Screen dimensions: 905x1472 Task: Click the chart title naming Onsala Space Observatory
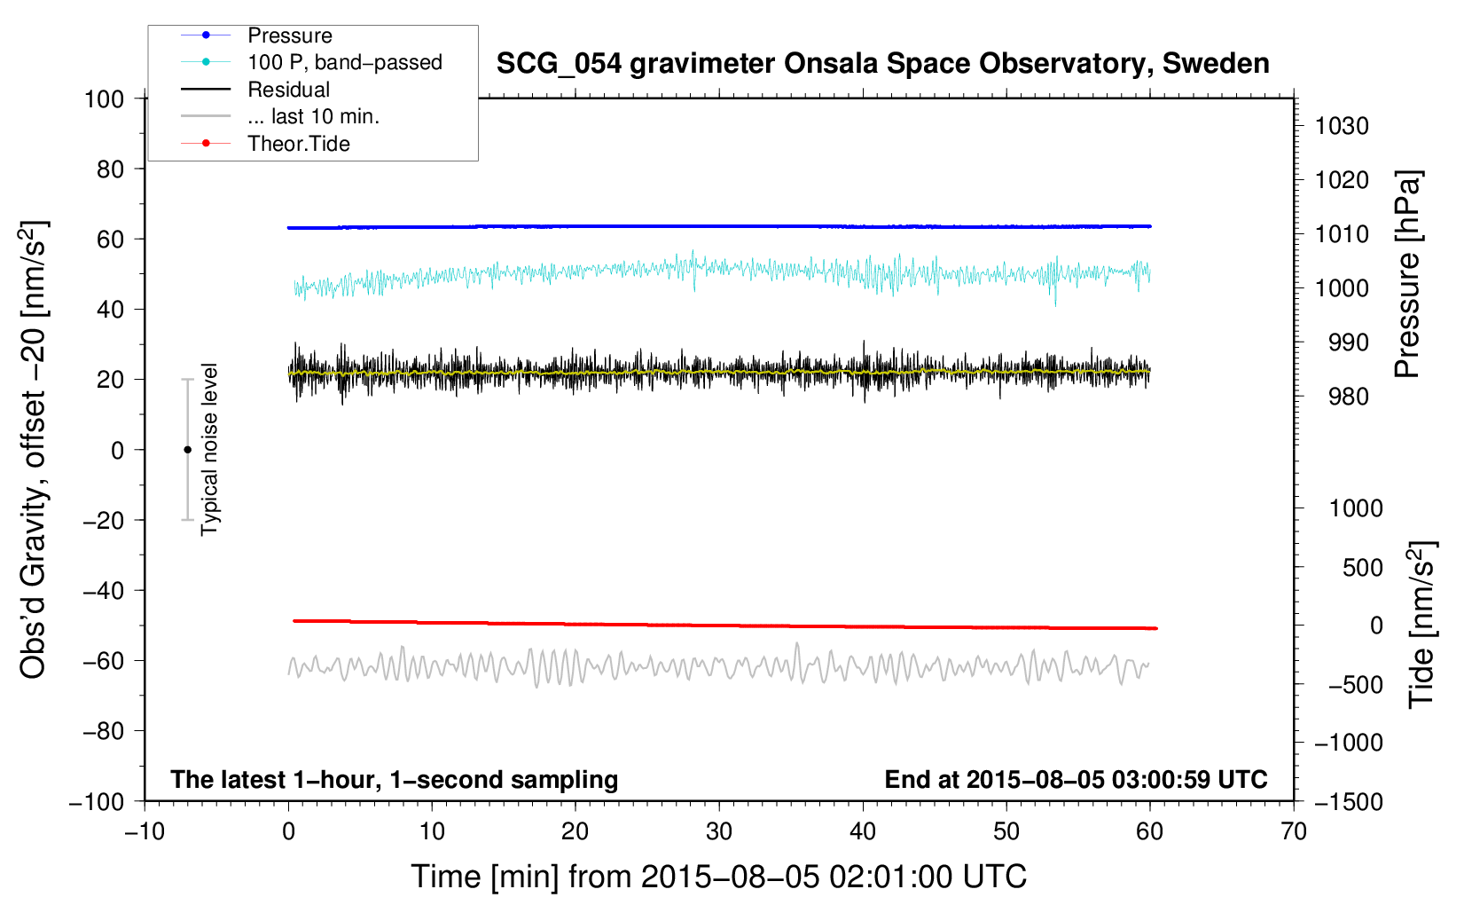click(882, 64)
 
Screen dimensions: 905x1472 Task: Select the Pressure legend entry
click(290, 35)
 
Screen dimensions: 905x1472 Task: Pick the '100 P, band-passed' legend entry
click(344, 62)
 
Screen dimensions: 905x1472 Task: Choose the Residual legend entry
click(288, 90)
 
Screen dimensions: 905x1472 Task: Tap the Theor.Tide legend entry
click(299, 144)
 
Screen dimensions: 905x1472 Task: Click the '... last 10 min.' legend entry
click(313, 116)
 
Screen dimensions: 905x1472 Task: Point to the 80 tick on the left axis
click(110, 169)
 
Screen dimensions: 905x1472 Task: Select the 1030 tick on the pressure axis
click(1342, 126)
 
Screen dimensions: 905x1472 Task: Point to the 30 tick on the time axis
click(719, 831)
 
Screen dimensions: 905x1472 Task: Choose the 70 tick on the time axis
click(1294, 831)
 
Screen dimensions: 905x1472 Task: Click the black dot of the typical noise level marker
click(187, 450)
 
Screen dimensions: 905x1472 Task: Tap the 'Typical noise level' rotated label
click(209, 449)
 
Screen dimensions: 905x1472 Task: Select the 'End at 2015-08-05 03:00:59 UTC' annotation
click(1076, 779)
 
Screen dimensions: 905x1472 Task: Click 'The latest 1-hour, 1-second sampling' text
click(394, 779)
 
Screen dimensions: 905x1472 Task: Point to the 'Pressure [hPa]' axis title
click(1407, 274)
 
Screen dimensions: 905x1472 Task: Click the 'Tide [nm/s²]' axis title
click(1421, 625)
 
